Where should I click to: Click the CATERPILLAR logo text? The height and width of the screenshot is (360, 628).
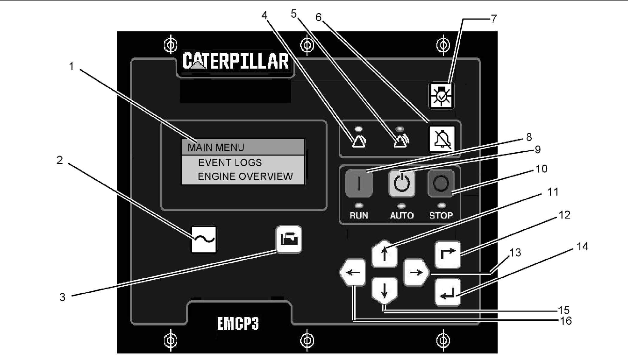(235, 62)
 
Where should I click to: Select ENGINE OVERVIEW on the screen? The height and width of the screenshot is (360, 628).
(245, 176)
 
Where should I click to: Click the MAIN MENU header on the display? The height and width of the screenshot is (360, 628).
(216, 148)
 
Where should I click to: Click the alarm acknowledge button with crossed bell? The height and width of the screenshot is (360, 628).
(442, 139)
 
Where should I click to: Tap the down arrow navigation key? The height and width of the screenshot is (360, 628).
(384, 290)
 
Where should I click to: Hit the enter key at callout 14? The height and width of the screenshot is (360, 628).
(448, 293)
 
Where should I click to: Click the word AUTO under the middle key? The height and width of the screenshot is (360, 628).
(402, 215)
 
